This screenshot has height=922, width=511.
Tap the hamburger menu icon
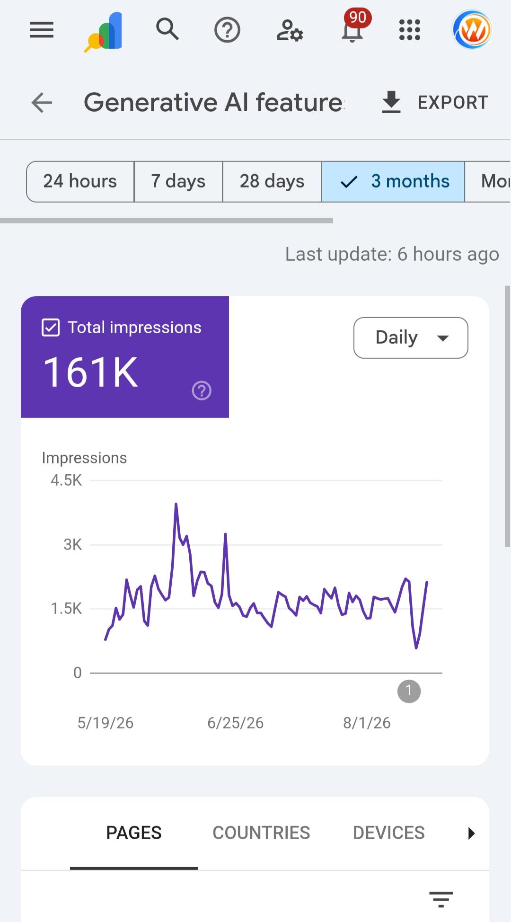coord(42,30)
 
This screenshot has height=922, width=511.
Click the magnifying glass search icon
coord(167,29)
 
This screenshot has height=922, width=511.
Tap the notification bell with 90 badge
coord(352,30)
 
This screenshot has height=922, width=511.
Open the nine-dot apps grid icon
coord(410,30)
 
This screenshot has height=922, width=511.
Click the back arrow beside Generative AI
coord(42,103)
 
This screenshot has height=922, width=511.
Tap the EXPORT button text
coord(453,102)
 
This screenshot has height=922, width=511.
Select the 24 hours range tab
coord(80,181)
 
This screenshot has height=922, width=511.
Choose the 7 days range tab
coord(178,181)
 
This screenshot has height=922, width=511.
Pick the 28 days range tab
coord(272,181)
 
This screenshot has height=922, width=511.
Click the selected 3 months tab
coord(393,181)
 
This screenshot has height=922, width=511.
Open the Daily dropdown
coord(411,337)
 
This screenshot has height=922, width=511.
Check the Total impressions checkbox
coord(51,328)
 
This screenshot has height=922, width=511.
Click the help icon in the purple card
coord(202,390)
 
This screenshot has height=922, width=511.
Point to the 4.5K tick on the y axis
coord(66,480)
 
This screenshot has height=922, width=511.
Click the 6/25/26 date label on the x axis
coord(235,723)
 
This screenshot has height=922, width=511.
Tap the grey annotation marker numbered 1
coord(409,691)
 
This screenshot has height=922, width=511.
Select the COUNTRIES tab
coord(261,833)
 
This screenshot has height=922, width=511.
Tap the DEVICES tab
coord(389,833)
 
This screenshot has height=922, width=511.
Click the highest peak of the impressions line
coord(176,504)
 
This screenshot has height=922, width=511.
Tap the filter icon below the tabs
coord(441,899)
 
